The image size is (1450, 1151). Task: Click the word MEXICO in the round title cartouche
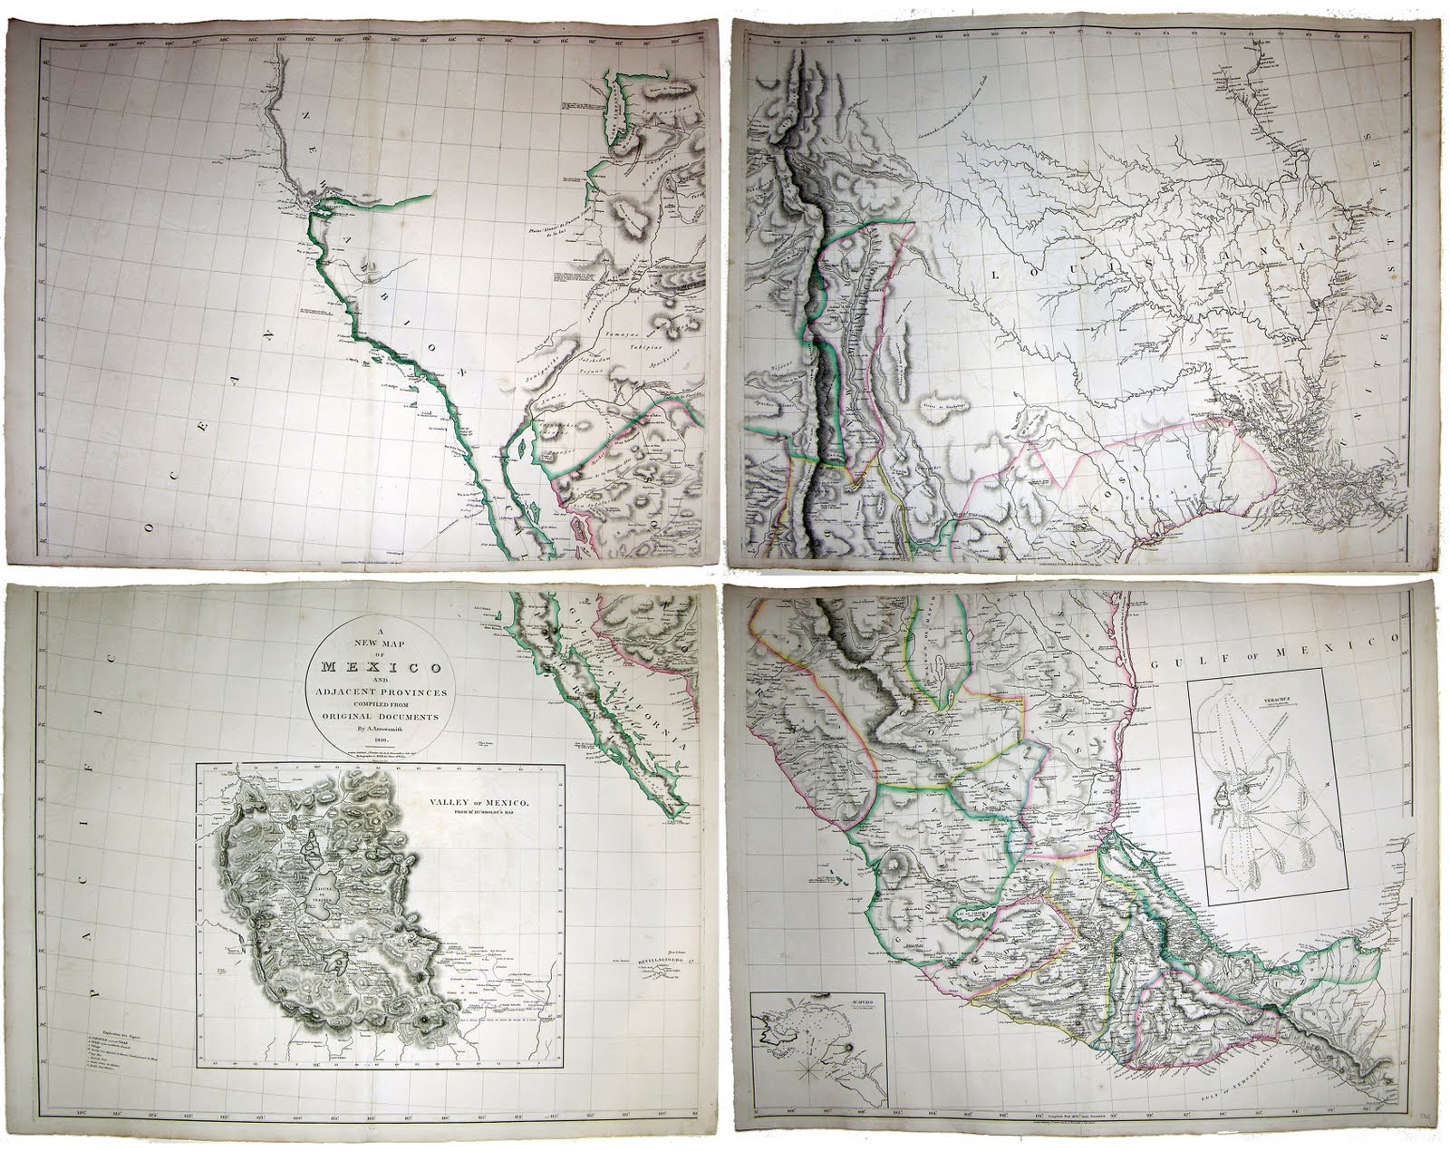(380, 668)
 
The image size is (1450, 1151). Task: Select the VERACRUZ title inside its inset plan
(1257, 700)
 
